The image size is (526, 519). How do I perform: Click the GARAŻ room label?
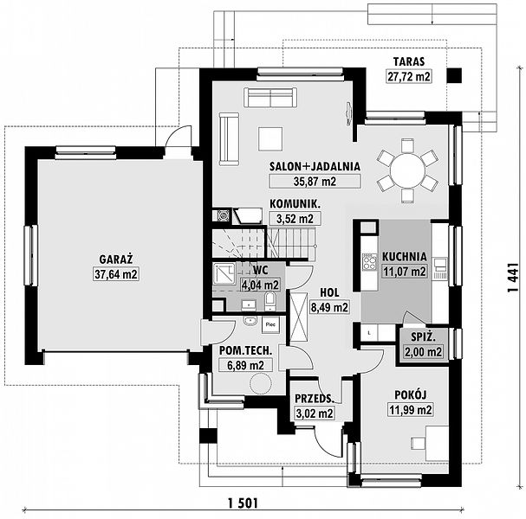point(116,259)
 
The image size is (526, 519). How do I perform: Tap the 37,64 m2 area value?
point(116,274)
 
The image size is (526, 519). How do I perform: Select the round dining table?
point(407,170)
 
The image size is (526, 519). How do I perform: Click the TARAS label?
point(409,61)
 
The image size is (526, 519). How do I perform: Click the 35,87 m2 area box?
point(315,182)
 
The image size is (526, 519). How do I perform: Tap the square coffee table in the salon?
point(270,139)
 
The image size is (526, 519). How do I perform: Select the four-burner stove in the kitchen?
point(369,262)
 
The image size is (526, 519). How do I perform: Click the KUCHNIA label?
point(405,257)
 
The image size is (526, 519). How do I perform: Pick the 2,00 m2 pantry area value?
point(424,352)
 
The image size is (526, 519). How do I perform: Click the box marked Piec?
point(270,324)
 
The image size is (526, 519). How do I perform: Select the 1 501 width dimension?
point(243,503)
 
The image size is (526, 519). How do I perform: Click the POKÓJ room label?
point(410,394)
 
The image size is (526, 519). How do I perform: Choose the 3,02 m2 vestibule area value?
point(315,413)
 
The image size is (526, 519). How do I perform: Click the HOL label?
point(329,292)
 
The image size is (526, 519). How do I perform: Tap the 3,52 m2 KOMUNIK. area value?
point(295,219)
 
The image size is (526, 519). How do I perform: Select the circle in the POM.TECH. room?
point(261,384)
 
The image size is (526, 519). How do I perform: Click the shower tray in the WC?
point(224,274)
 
